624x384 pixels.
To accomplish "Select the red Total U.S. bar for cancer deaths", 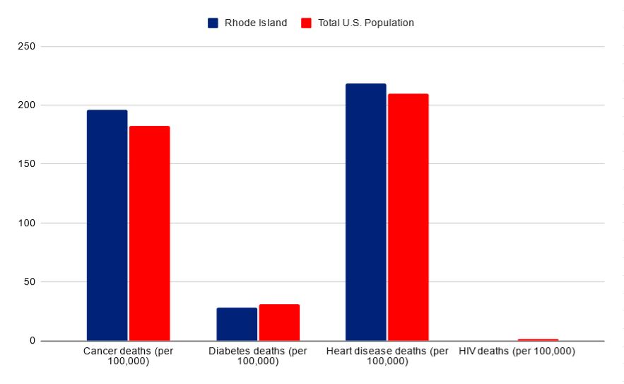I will [x=149, y=233].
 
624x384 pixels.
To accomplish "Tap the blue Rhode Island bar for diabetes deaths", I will [x=237, y=324].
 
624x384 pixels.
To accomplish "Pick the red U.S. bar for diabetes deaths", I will [x=279, y=322].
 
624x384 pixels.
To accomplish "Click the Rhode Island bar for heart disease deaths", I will [x=365, y=212].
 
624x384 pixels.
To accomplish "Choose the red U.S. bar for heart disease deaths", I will [x=408, y=217].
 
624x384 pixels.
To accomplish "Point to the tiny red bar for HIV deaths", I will [x=538, y=339].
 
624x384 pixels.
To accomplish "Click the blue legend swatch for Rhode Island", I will [x=213, y=23].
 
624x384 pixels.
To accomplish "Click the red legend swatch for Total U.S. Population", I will [x=306, y=23].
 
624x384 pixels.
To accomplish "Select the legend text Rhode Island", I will [x=255, y=23].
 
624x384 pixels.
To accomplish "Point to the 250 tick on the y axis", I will [x=28, y=47].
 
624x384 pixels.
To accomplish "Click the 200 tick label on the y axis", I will [x=28, y=105].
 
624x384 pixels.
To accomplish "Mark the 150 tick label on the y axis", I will [x=28, y=164].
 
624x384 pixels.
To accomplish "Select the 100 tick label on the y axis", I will [x=28, y=223].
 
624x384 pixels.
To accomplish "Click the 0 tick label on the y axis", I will [x=33, y=341].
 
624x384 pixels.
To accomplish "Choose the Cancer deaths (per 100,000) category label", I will [x=128, y=356].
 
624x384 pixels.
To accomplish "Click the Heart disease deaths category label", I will [x=387, y=356].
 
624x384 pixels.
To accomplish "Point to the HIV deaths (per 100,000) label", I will [x=517, y=351].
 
